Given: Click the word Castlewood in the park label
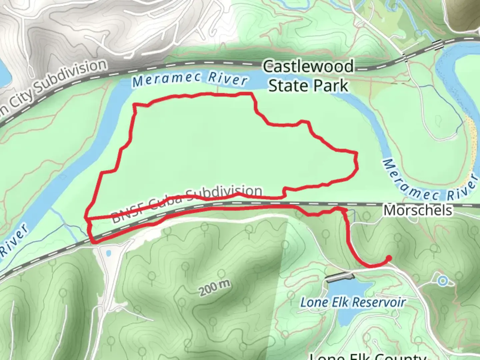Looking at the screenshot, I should [308, 66].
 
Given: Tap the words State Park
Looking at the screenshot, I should [308, 86].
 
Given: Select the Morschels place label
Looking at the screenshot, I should [418, 210].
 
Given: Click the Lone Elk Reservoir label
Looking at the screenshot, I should [353, 302].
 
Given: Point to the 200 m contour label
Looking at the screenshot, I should [215, 288].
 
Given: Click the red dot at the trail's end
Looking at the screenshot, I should [389, 258].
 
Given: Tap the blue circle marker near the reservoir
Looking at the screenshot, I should [442, 281].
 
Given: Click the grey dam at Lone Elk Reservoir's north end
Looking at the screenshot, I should [340, 277].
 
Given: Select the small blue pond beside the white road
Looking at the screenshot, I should [108, 254].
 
